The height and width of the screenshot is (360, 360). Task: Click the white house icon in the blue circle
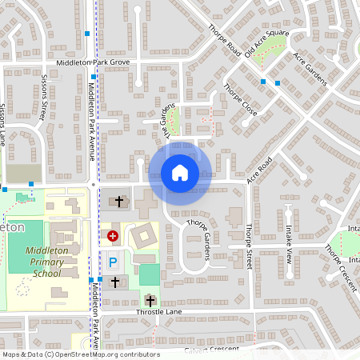[179, 172]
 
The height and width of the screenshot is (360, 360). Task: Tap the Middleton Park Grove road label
[92, 62]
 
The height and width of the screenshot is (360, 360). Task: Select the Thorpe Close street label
[240, 101]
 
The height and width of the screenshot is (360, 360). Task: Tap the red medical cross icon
[113, 236]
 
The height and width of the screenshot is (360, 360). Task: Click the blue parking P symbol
[113, 261]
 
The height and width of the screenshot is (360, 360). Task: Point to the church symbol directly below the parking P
[114, 282]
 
